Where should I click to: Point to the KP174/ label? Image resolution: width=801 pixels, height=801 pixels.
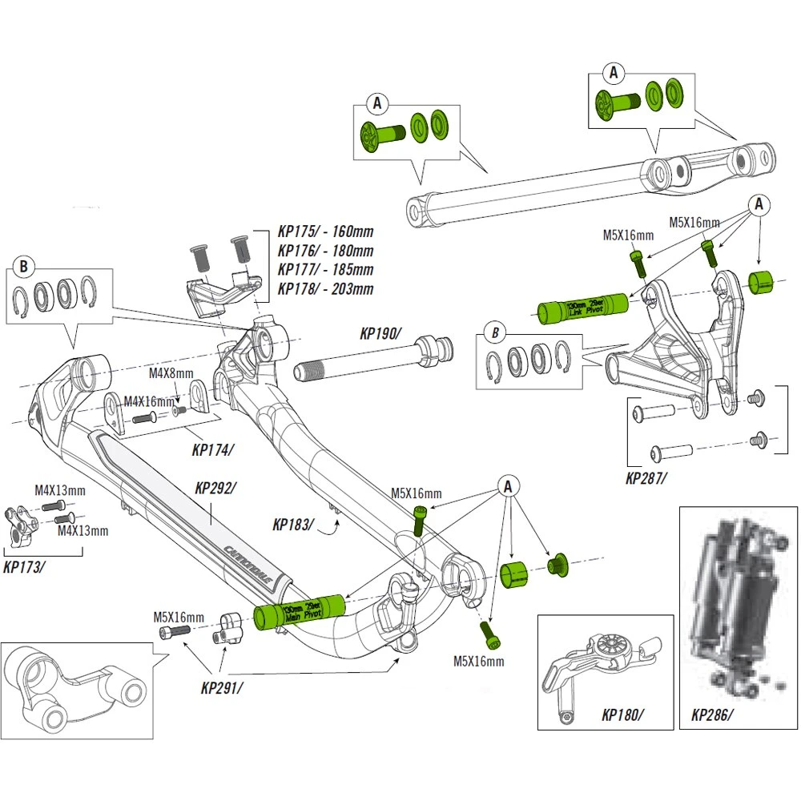click(x=212, y=449)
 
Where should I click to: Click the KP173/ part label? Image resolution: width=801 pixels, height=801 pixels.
click(x=24, y=566)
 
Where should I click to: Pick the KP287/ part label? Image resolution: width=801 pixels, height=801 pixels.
click(x=646, y=478)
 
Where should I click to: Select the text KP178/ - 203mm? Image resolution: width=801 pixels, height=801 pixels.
click(x=325, y=288)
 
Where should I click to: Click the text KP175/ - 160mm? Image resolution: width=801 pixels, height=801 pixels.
click(x=325, y=232)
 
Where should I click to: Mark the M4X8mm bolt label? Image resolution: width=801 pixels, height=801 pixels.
click(x=171, y=373)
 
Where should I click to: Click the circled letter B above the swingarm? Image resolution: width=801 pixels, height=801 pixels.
click(x=24, y=265)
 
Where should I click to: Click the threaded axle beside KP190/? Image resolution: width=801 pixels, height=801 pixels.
click(x=372, y=360)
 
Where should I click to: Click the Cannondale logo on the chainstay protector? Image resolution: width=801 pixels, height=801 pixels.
click(x=244, y=564)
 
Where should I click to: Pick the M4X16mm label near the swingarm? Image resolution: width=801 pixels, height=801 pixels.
click(x=149, y=400)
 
